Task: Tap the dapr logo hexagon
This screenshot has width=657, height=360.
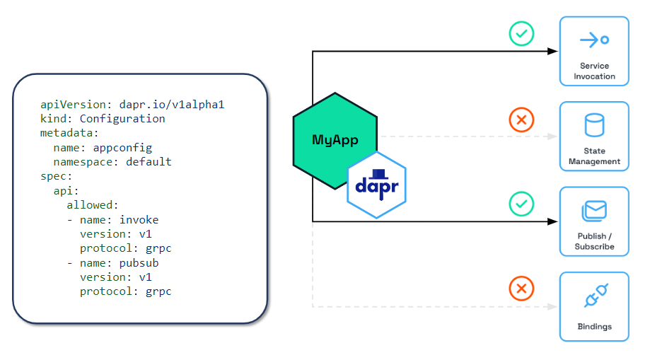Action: coord(376,185)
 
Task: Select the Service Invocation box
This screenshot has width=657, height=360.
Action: coord(594,51)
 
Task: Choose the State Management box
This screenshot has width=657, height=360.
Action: coord(594,137)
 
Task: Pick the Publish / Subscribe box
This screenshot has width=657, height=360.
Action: coord(594,221)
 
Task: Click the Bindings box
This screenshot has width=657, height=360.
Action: coord(594,306)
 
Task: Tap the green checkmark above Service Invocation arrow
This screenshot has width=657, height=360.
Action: coord(521,34)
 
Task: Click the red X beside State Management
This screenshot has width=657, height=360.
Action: coord(521,120)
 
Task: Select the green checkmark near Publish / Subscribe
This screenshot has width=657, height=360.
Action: coord(521,204)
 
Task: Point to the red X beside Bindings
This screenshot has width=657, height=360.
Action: coord(521,289)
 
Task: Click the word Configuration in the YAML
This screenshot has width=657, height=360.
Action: coord(122,119)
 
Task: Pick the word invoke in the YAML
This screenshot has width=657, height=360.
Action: coord(139,220)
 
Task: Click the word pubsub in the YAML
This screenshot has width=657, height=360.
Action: coord(139,263)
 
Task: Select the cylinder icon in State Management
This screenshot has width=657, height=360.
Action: coord(594,126)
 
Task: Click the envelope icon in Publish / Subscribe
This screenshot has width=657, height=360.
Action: coord(595,211)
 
